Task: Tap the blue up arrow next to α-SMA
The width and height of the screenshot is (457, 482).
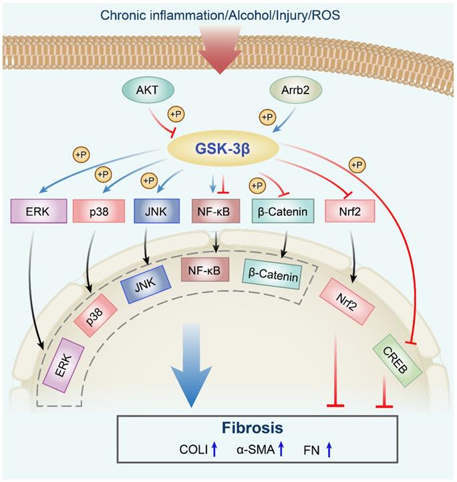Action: pos(281,451)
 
